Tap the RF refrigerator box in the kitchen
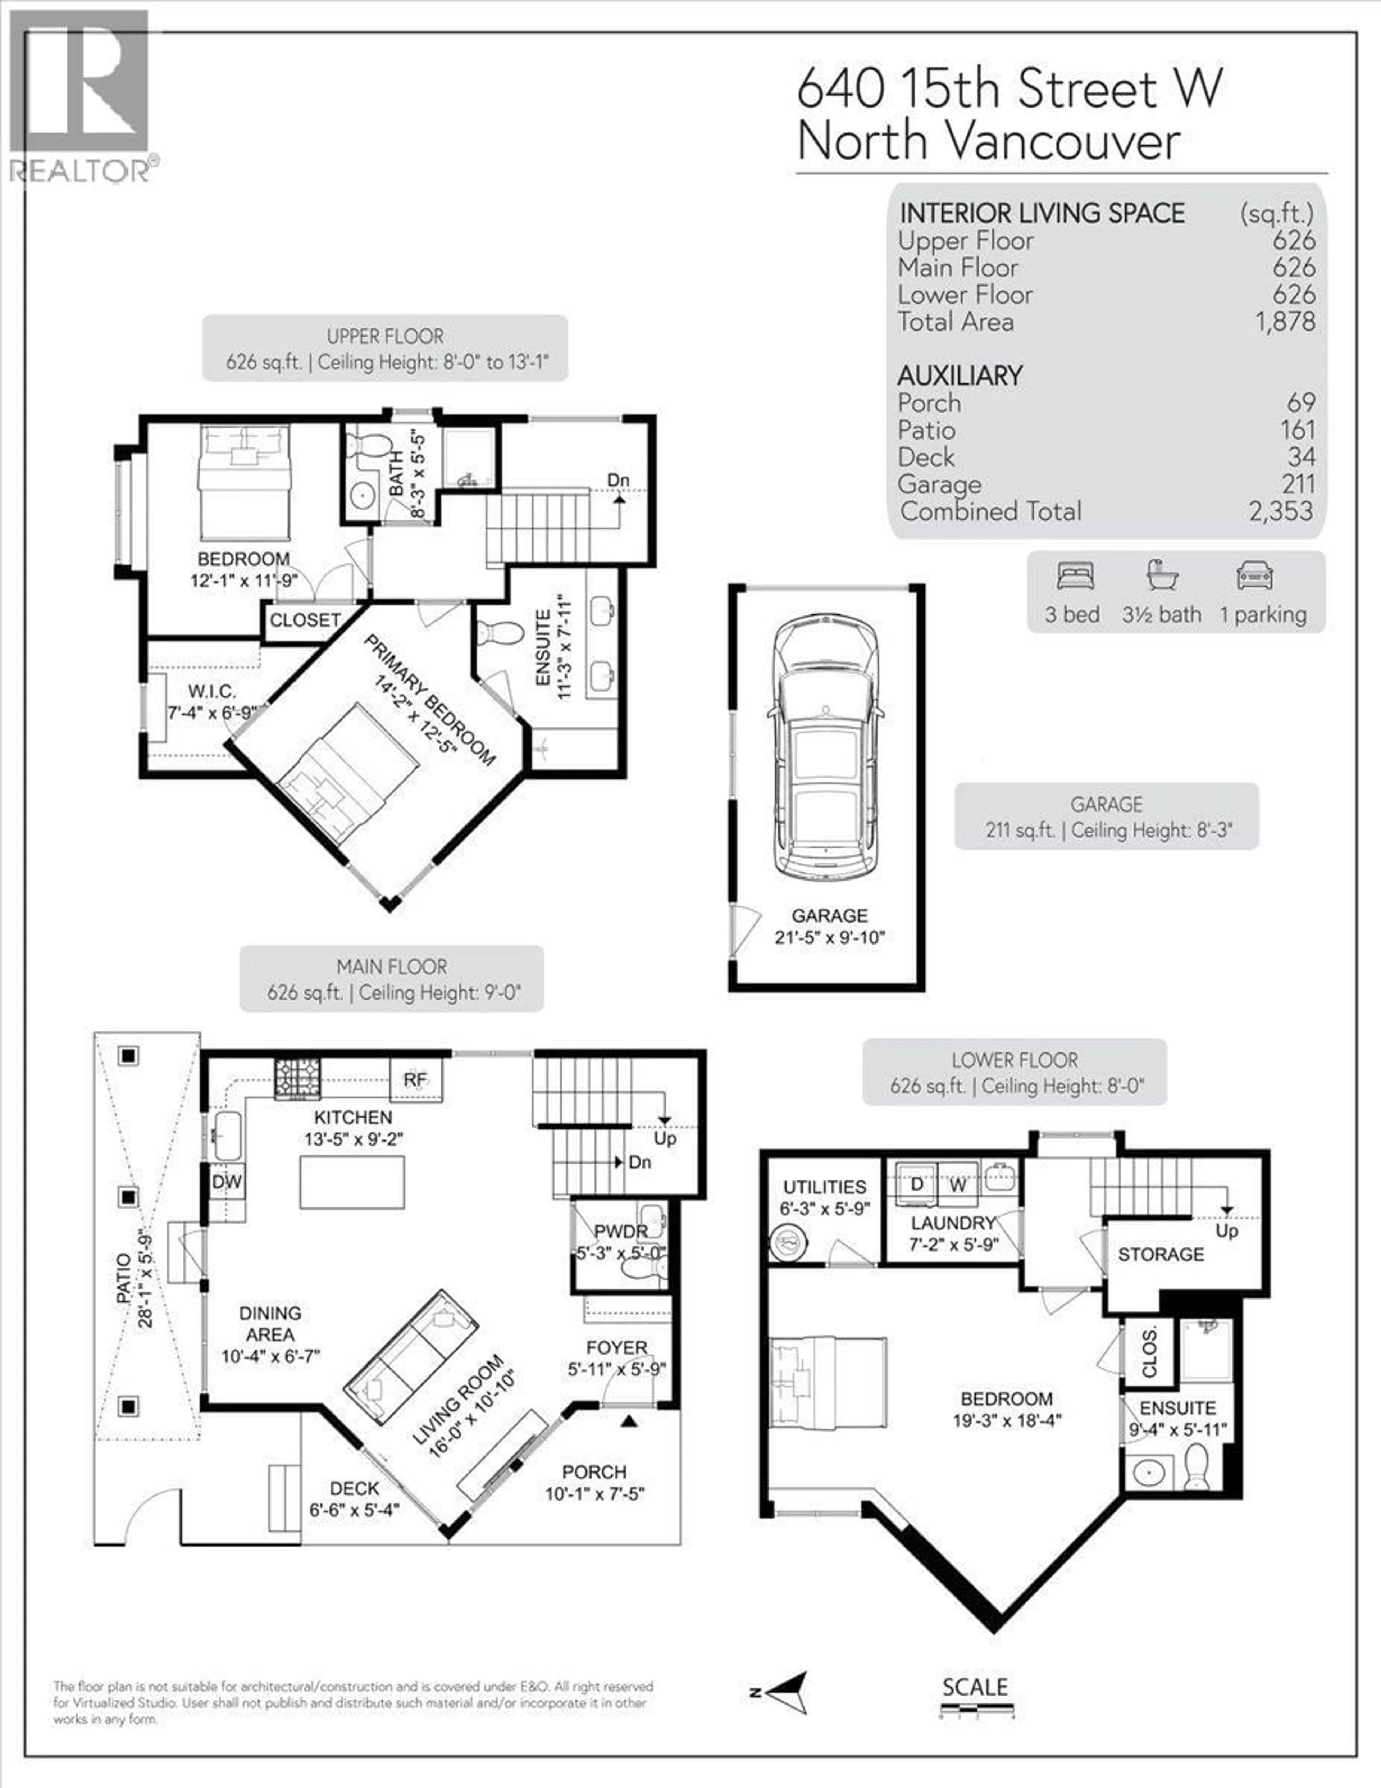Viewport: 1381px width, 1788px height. [x=416, y=1080]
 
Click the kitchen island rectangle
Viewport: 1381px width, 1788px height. [x=352, y=1182]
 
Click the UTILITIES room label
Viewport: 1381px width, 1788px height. [x=824, y=1187]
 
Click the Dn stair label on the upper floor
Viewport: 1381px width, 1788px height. [x=618, y=480]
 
